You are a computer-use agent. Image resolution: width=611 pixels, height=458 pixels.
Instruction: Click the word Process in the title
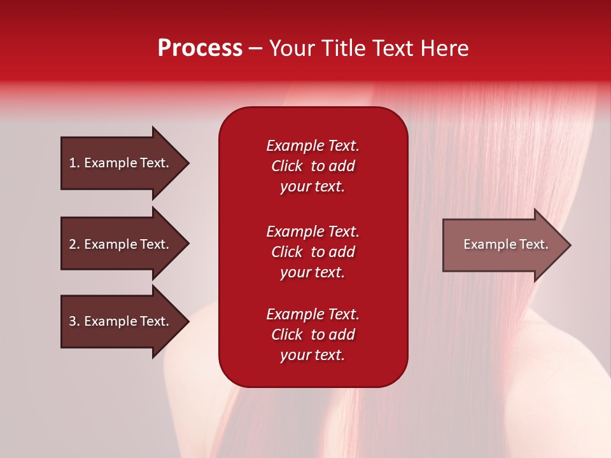tap(200, 48)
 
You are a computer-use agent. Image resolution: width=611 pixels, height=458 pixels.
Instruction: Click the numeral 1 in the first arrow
tap(73, 163)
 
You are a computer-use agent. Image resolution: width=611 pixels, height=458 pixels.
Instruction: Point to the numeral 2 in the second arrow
tap(73, 244)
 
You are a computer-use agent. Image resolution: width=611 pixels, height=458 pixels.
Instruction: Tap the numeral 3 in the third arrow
tap(73, 321)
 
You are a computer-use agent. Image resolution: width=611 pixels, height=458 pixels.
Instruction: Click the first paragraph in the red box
tap(313, 166)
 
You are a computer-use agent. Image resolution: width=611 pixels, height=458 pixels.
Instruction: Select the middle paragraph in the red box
tap(313, 252)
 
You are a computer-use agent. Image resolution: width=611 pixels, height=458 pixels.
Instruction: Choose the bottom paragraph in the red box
tap(313, 335)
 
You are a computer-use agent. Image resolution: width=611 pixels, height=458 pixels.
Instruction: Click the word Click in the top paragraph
tap(286, 166)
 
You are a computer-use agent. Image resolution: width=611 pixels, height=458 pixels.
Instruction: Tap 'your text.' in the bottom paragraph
tap(313, 356)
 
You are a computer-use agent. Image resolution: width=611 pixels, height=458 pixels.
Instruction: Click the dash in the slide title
tap(255, 49)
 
